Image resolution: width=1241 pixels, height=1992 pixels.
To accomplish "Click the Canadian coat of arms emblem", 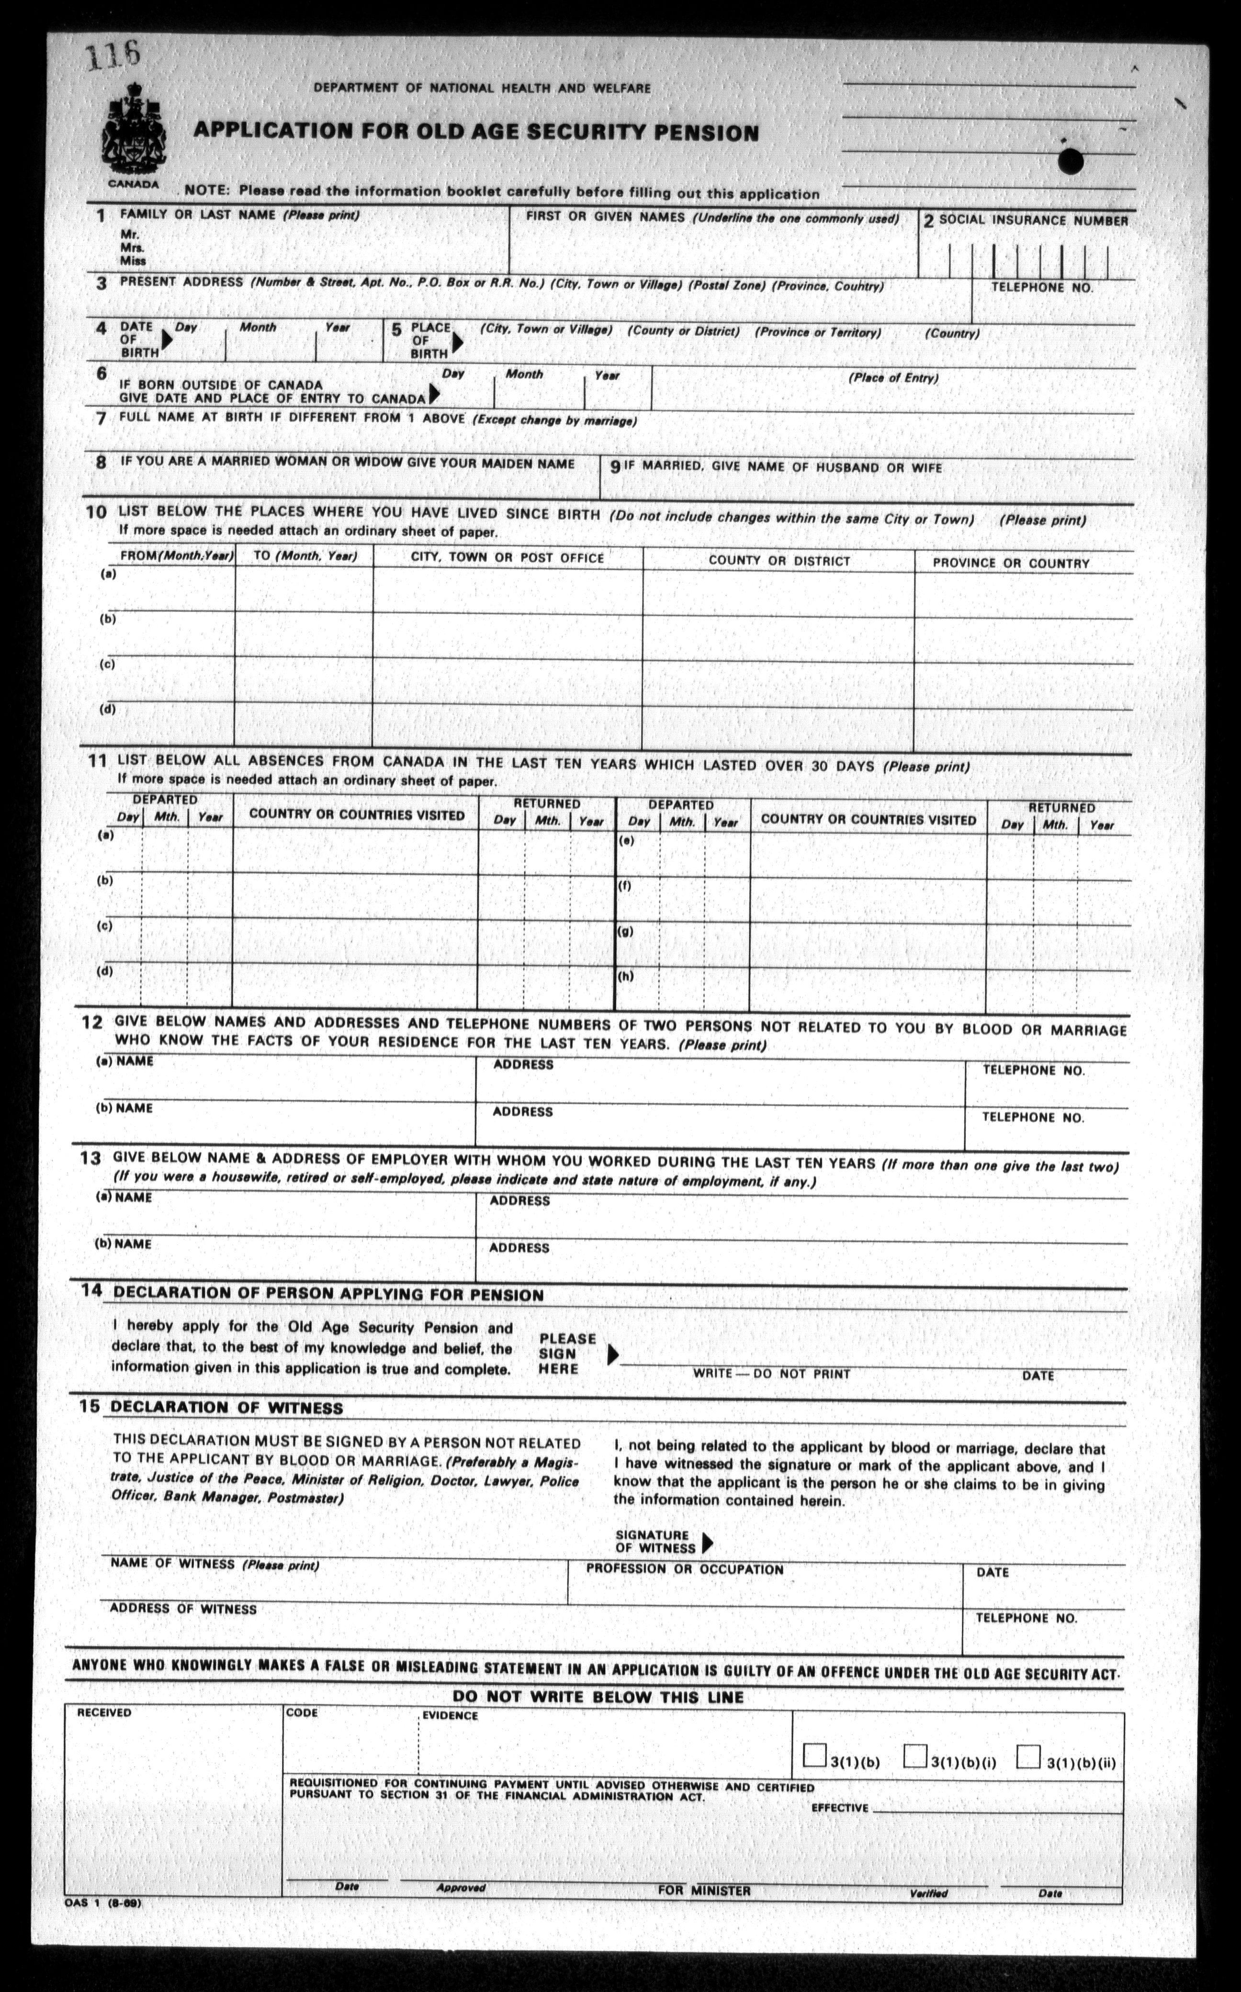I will click(133, 131).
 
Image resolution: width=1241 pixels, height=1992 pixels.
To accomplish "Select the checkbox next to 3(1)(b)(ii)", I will click(1027, 1756).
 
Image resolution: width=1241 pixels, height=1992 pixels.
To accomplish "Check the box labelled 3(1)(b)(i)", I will click(914, 1755).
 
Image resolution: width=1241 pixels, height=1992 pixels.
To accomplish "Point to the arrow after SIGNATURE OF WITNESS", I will click(708, 1543).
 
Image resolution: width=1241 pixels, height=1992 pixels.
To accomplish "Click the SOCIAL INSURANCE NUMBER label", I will click(1033, 221).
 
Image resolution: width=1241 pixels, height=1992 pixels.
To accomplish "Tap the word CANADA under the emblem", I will click(133, 184).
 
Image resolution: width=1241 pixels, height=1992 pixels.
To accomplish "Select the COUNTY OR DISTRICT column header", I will click(779, 561).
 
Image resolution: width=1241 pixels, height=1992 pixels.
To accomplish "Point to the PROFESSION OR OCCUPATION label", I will click(685, 1569).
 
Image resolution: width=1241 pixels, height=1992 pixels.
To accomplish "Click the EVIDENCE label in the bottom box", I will click(449, 1715).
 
